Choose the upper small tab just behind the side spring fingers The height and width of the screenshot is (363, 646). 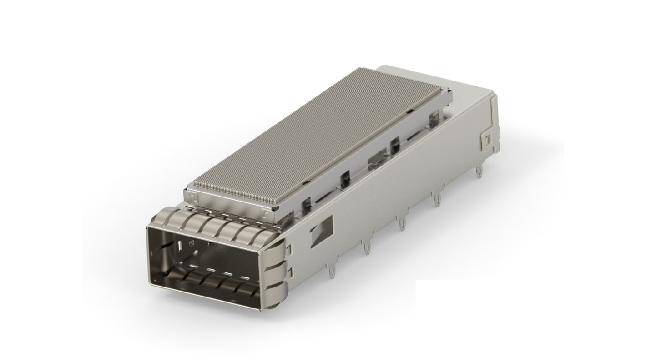290,249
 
